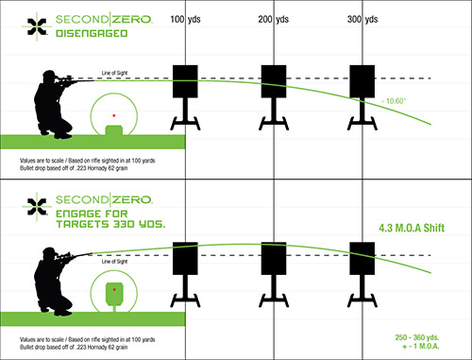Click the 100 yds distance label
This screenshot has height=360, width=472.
pos(184,19)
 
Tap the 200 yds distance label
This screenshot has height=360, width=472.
pos(273,19)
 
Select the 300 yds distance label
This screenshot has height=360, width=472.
pos(362,19)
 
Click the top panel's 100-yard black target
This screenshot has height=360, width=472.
pos(185,79)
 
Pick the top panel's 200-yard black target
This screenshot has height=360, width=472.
pos(274,79)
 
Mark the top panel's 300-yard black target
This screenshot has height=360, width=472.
pos(362,79)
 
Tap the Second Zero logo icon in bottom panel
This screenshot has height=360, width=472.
pos(37,202)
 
